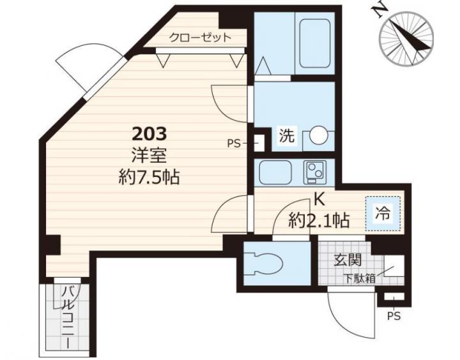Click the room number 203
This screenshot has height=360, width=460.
pos(149,133)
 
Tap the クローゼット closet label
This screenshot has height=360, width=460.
pos(200,38)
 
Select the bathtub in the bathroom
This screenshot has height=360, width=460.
pos(314,43)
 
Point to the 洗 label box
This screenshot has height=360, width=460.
pos(287,136)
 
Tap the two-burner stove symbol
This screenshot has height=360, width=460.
pos(315,172)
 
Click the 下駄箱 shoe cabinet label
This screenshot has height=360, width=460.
pos(360,278)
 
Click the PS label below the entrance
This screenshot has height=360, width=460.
pos(394,316)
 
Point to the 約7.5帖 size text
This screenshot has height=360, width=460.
pos(149,177)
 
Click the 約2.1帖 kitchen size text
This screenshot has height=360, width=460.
pos(319,220)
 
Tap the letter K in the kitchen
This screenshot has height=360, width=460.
pos(319,200)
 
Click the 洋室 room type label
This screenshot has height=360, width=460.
pos(149,155)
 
